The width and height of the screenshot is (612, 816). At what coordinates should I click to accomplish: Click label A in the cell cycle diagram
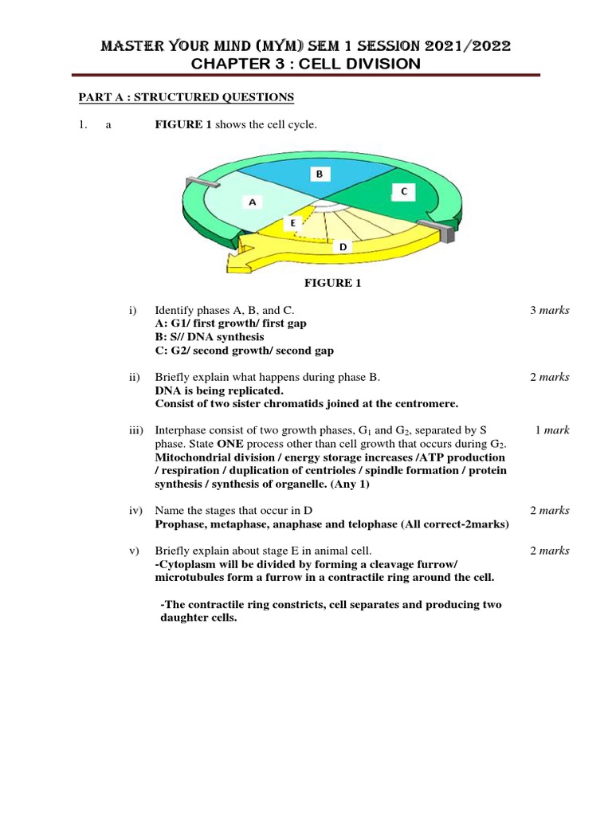(x=252, y=202)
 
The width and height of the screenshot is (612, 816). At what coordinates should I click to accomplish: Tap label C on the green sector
(x=403, y=191)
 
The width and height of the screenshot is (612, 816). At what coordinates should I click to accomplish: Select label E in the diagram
(x=292, y=224)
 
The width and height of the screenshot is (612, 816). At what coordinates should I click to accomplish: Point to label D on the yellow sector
(x=343, y=248)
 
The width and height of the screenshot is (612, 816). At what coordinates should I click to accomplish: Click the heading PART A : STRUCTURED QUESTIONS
(x=186, y=97)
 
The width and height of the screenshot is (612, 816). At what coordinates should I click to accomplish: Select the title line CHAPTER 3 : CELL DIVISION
(x=306, y=64)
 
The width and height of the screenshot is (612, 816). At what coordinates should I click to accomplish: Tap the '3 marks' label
(x=549, y=310)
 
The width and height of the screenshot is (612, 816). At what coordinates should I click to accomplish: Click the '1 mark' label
(x=551, y=430)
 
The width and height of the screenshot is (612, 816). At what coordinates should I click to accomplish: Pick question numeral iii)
(x=136, y=430)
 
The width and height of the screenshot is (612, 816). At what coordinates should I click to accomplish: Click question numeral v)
(x=134, y=551)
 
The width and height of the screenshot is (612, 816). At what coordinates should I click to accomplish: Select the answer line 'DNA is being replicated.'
(x=218, y=390)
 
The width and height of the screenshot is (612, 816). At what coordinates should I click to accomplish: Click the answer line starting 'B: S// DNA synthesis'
(x=209, y=337)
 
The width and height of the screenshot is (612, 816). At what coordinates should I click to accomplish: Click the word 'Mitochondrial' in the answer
(x=192, y=457)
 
